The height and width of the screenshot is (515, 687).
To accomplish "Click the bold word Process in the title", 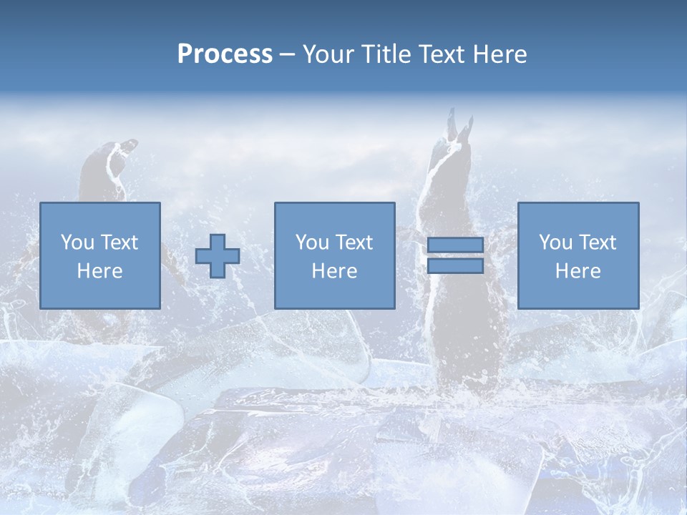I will coord(225,54).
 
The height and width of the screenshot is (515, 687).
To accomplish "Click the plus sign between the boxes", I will coord(218,256).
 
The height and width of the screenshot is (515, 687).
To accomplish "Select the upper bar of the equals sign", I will coord(455,245).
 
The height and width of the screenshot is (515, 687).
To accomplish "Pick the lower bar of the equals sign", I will coord(455,266).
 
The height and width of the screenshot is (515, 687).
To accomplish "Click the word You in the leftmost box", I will coord(77,242).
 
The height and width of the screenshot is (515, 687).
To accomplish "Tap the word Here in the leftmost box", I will coord(100,271).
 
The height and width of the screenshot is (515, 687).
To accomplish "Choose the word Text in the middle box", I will coord(354,242).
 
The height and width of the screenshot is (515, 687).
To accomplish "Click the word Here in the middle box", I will coord(335,271).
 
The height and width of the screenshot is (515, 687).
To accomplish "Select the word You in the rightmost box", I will coord(555,242).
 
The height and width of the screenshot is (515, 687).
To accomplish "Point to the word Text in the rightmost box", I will coord(598,242).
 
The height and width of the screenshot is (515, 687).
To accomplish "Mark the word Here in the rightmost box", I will coord(578,271).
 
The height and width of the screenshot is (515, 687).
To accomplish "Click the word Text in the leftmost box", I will coord(120,242).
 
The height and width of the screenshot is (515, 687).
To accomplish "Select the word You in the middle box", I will coord(312,242).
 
